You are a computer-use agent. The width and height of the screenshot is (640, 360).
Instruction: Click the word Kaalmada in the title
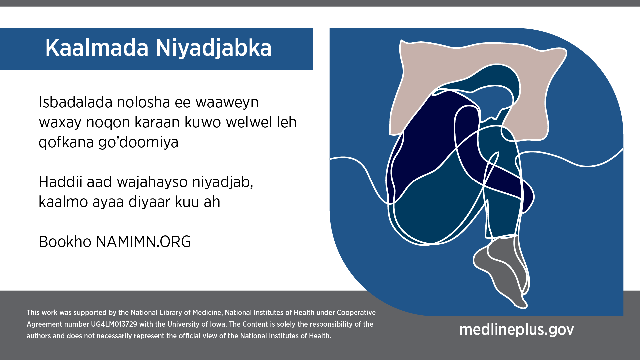tap(97, 48)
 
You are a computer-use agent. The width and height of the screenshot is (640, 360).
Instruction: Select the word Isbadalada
tap(76, 102)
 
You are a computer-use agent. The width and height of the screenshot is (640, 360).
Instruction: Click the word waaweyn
tap(227, 103)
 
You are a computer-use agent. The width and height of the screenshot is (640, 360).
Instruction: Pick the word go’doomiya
tap(138, 143)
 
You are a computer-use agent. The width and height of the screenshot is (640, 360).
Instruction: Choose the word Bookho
tap(65, 242)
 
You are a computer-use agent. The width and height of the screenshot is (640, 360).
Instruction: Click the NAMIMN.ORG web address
tap(144, 242)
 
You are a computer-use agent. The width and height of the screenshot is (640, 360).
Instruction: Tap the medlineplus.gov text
tap(517, 330)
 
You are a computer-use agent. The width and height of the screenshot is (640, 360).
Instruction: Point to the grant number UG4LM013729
tap(114, 324)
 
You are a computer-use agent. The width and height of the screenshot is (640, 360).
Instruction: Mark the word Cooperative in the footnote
tap(356, 313)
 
